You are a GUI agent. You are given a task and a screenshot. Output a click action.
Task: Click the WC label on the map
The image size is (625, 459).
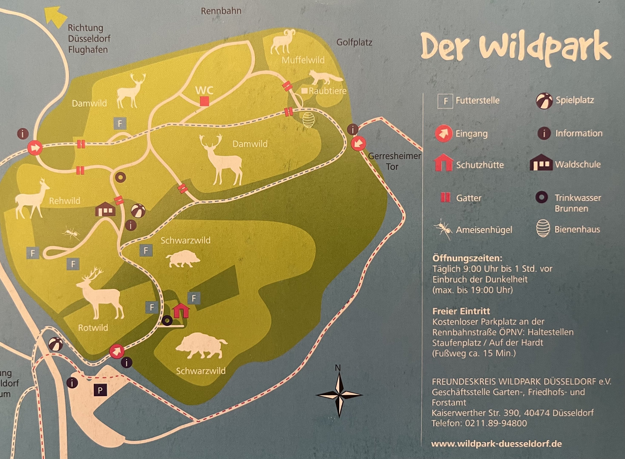204,90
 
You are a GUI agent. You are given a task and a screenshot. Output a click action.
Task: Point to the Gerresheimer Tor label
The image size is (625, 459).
394,161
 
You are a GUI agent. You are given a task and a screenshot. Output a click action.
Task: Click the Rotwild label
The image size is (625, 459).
93,328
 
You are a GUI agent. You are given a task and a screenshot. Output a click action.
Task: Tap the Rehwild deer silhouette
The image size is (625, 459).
31,199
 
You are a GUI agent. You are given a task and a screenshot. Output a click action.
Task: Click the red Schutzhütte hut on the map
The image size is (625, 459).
181,310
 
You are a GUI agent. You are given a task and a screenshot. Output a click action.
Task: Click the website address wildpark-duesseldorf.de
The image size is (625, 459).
496,443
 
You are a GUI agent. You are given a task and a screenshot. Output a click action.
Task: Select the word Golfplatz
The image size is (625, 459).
354,42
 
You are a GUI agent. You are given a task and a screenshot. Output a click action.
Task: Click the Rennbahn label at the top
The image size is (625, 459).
221,11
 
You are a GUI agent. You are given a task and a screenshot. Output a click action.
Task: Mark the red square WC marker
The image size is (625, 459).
204,101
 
